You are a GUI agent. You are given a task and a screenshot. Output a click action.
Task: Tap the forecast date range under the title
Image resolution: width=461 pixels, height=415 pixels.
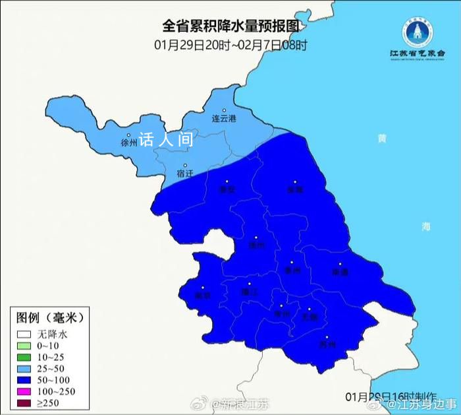pos(230,46)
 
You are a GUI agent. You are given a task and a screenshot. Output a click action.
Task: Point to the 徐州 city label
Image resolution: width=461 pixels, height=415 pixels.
pos(130,142)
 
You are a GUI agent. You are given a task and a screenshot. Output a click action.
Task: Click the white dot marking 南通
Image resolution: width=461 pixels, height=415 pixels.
pos(340,263)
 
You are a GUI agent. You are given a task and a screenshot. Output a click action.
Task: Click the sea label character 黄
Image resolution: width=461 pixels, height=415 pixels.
pos(382,139)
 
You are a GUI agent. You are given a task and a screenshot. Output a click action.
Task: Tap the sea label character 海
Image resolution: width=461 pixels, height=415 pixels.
pos(426,226)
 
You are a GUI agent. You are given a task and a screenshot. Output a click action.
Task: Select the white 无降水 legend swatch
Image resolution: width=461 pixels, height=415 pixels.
pos(25,335)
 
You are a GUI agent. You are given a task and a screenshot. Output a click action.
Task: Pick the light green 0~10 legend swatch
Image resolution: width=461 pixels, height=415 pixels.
pos(25,346)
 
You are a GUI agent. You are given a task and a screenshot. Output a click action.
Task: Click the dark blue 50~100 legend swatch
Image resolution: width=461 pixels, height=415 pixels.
pos(25,379)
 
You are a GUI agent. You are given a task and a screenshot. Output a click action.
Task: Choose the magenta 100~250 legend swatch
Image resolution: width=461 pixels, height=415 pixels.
pos(25,391)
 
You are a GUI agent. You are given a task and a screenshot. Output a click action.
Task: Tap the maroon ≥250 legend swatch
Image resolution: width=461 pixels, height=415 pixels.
pos(25,402)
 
